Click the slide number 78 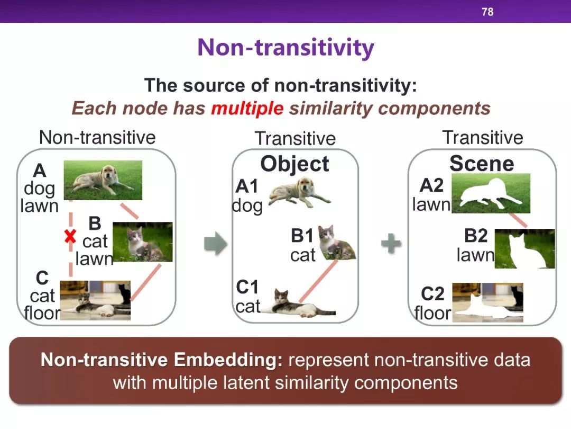487,12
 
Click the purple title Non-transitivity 285,48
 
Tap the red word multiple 247,109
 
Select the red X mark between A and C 70,236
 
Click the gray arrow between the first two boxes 216,243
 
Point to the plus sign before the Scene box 391,243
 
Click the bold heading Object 294,164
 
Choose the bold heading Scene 482,163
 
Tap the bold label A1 246,186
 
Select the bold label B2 476,236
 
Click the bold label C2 432,293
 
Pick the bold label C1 247,287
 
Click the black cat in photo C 125,293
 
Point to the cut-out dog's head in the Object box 305,186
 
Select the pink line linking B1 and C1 318,281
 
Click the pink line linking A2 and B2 518,220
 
